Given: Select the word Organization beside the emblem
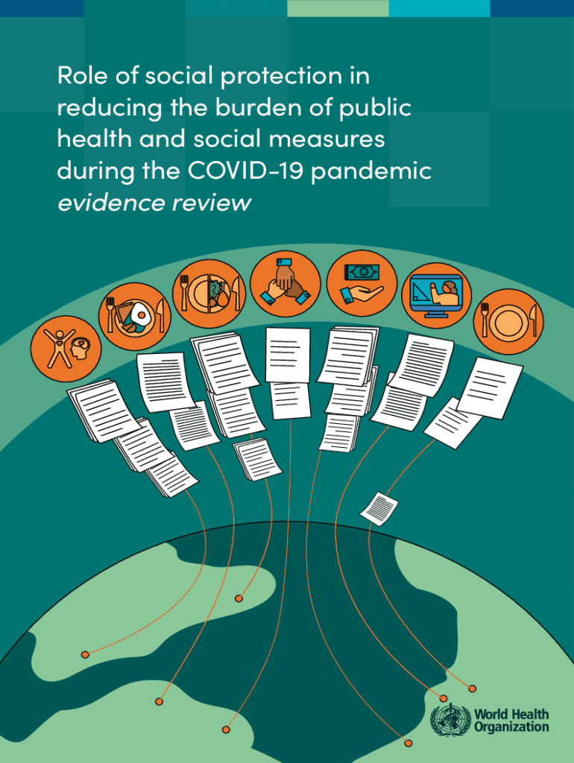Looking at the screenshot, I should tap(511, 727).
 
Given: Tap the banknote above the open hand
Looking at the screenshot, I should tap(361, 271).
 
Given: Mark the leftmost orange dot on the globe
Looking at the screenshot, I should tap(85, 654).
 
